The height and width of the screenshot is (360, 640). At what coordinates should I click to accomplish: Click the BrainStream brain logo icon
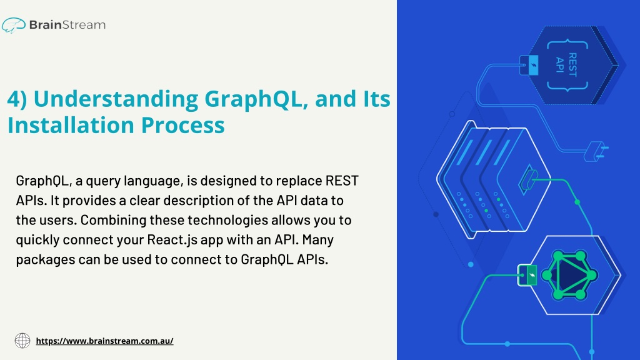(14, 25)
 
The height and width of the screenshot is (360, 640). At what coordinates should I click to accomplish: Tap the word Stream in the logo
(84, 25)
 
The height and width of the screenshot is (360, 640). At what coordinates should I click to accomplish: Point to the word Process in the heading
(183, 125)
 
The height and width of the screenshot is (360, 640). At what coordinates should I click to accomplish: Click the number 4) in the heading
(17, 99)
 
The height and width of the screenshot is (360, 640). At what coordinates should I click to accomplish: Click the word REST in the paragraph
(342, 181)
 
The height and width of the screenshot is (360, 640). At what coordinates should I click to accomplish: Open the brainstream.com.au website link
(104, 341)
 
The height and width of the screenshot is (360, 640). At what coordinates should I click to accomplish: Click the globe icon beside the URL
(22, 341)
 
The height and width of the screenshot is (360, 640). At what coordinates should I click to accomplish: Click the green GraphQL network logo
(569, 275)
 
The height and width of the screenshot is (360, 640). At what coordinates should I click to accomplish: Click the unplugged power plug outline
(596, 151)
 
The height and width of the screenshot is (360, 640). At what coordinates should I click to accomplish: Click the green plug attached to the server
(527, 179)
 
